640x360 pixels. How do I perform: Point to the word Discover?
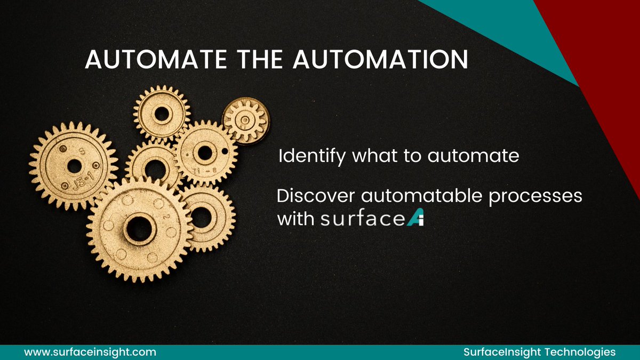point(316,196)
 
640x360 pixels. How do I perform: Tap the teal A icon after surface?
point(414,219)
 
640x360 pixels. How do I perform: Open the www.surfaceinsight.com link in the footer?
point(90,352)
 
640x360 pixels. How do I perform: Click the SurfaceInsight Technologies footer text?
point(539,352)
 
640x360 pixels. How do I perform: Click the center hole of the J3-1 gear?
point(74,165)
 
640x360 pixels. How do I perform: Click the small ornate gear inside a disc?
point(245,120)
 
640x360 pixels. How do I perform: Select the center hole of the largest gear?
point(140,228)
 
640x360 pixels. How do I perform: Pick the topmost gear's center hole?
point(162,113)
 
